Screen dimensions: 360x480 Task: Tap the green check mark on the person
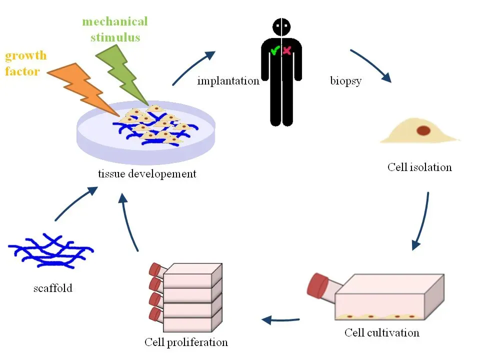(274, 50)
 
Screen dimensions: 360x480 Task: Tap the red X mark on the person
(287, 50)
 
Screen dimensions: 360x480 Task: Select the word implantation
(228, 80)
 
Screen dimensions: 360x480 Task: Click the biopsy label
(345, 80)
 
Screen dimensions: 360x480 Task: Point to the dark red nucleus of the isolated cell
(423, 131)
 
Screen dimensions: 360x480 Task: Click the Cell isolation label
(419, 167)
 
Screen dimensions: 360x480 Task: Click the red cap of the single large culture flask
(319, 285)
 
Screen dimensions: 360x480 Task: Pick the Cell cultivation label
(382, 332)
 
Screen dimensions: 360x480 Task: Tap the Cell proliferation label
(186, 342)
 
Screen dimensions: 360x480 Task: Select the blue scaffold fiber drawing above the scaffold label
(50, 250)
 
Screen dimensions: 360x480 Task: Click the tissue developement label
(147, 174)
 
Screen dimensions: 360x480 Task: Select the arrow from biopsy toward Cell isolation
(370, 65)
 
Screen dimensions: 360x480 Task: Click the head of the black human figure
(281, 26)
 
